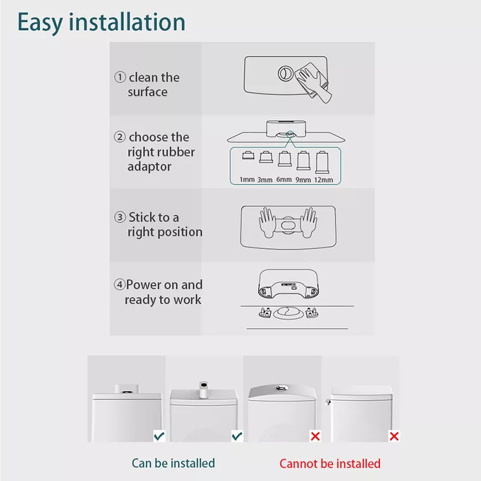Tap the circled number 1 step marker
pos(120,78)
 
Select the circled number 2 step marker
pos(120,138)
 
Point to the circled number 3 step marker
pos(120,218)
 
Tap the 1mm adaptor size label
pos(247,179)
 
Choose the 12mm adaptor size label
pos(323,179)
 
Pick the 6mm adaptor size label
pos(284,179)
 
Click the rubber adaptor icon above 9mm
pos(304,161)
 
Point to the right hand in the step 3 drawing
pos(308,221)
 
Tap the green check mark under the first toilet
pos(159,435)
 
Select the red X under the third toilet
pos(315,435)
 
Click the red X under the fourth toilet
pos(394,435)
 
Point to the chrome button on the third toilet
pos(281,387)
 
